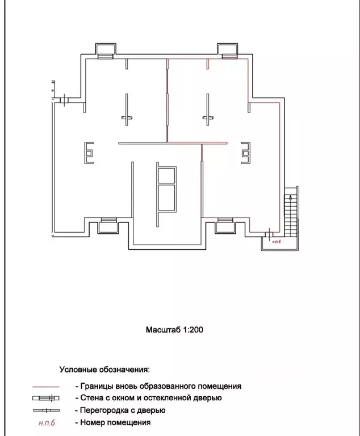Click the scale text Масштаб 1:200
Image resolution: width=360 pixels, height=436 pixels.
pyautogui.click(x=174, y=330)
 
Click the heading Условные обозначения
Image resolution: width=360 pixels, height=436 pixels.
pyautogui.click(x=104, y=370)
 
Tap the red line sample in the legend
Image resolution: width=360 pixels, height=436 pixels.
pyautogui.click(x=46, y=387)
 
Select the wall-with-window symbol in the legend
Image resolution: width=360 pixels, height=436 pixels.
pyautogui.click(x=46, y=398)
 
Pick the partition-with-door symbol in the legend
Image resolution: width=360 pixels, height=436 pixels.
pyautogui.click(x=46, y=410)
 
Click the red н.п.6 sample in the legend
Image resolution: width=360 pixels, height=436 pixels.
pyautogui.click(x=47, y=423)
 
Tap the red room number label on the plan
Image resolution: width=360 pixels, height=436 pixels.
pyautogui.click(x=277, y=242)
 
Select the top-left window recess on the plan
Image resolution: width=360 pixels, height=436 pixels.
pyautogui.click(x=106, y=51)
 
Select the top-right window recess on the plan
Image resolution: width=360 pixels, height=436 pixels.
pyautogui.click(x=228, y=51)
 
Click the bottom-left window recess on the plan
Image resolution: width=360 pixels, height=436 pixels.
pyautogui.click(x=108, y=225)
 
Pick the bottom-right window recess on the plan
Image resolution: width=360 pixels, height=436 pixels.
pyautogui.click(x=225, y=225)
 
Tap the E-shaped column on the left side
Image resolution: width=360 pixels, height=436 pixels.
pyautogui.click(x=89, y=153)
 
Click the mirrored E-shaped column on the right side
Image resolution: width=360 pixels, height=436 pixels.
pyautogui.click(x=246, y=153)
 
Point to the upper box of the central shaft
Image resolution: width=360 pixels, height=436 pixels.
pyautogui.click(x=167, y=175)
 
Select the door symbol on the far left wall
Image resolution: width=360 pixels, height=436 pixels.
pyautogui.click(x=64, y=100)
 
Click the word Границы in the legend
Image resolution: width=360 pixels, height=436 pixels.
pyautogui.click(x=95, y=386)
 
